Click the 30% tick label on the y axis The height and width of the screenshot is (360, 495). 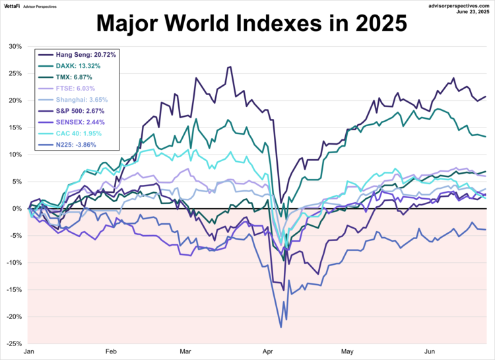15,47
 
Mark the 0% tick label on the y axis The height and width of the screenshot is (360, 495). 17,209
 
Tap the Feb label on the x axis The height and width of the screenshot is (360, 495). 111,353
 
